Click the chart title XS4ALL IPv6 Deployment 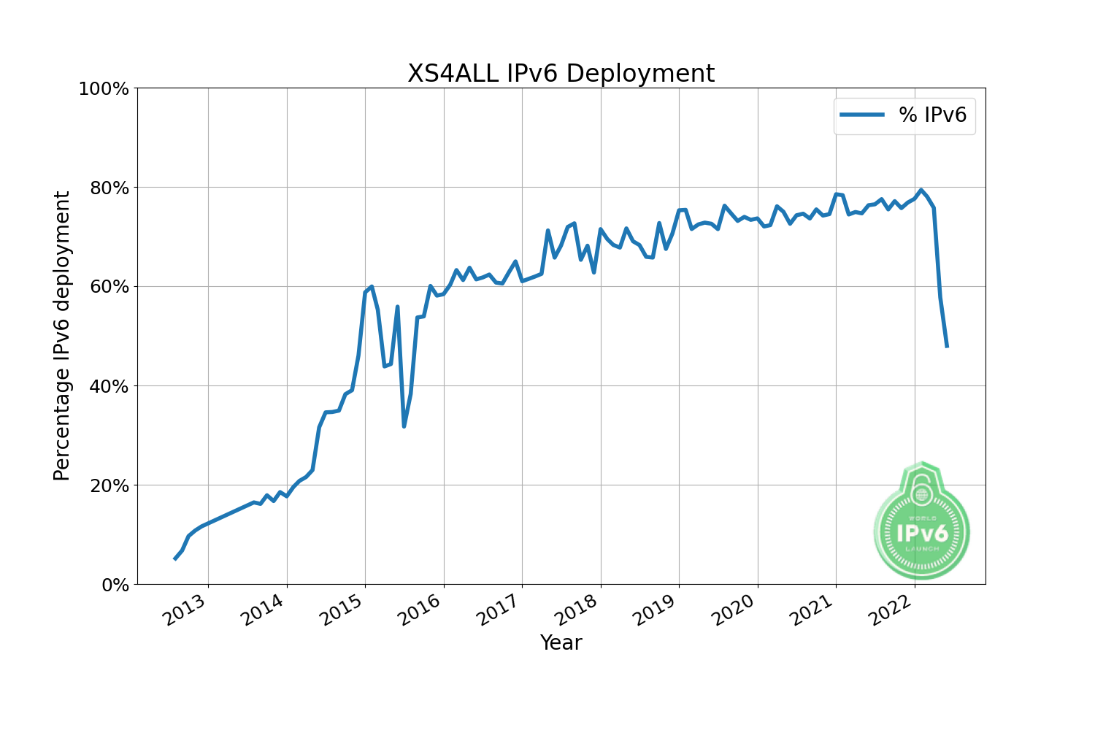(x=561, y=74)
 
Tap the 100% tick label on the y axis (x=103, y=89)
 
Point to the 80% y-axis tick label (x=108, y=188)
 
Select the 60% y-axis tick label (x=108, y=287)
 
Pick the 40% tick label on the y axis (x=108, y=386)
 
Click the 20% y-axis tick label (x=108, y=485)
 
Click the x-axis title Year (x=561, y=643)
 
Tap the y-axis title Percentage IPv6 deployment (x=63, y=336)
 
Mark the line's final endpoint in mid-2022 (x=947, y=347)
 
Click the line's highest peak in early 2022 (x=921, y=190)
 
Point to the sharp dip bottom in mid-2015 (x=404, y=426)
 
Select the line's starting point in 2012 (x=174, y=558)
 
